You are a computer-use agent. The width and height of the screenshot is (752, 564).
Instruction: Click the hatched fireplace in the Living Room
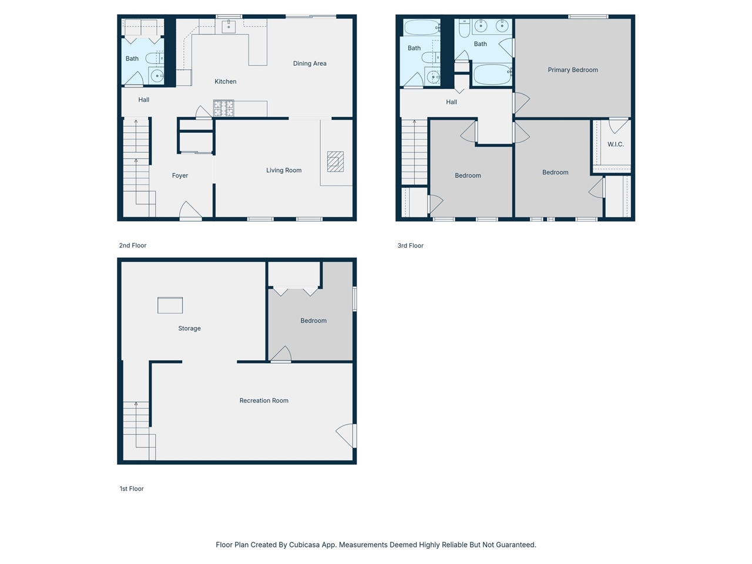point(335,162)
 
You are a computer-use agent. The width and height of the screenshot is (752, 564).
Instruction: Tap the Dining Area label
point(310,63)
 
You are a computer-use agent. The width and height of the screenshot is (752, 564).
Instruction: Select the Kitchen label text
point(225,82)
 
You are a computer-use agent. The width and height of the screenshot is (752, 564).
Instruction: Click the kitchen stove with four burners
point(223,108)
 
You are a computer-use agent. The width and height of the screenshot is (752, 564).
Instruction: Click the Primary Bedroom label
point(572,70)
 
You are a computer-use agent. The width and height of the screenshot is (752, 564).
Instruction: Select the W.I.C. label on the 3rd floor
point(615,145)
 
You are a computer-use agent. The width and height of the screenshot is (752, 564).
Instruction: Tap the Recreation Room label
point(264,401)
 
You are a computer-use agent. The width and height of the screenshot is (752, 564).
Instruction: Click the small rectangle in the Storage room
point(170,305)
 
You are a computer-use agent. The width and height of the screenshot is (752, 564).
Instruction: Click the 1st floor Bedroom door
point(281,355)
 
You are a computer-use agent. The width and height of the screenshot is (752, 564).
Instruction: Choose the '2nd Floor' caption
point(133,246)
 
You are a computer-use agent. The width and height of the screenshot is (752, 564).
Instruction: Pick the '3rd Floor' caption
point(410,246)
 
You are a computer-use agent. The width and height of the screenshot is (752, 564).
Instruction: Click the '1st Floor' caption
point(132,489)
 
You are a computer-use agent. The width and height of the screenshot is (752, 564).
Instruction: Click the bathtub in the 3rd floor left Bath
point(421,28)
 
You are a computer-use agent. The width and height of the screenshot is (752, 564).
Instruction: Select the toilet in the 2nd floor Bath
point(153,58)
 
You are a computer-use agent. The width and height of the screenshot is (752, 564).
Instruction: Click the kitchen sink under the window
point(229,26)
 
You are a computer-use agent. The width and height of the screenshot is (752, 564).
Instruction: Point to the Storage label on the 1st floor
point(189,328)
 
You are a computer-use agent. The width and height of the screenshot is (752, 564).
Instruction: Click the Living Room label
point(284,170)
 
